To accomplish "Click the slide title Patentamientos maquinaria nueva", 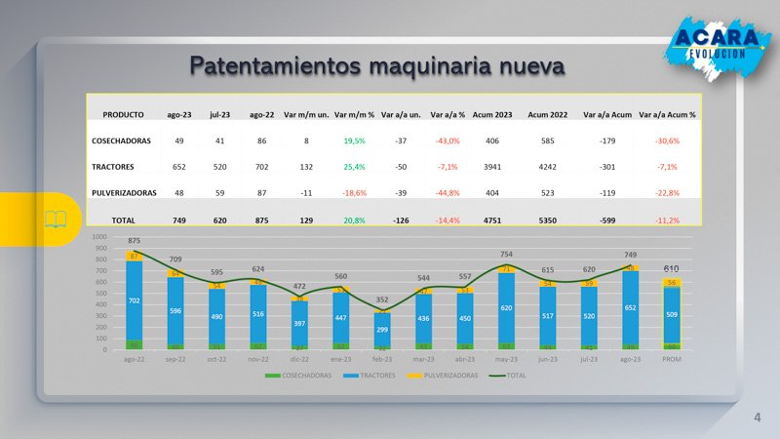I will tap(376, 66).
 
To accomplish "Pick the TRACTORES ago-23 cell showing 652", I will tap(179, 167).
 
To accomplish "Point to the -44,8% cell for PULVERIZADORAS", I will tap(448, 193).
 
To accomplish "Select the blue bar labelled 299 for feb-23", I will tap(382, 330).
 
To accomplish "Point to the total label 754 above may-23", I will tap(507, 254).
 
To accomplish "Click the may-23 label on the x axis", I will tap(507, 359).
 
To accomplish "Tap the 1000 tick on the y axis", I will tap(99, 237).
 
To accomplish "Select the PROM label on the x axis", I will tap(672, 359).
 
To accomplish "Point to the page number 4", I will tap(757, 418).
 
